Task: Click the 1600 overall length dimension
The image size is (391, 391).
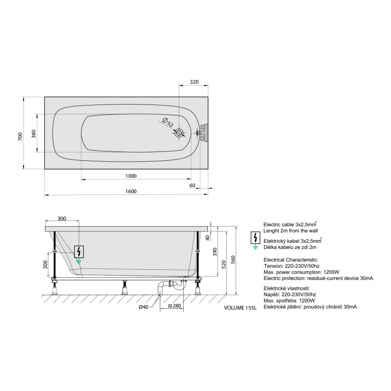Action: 131,191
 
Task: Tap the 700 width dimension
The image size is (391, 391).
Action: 20,136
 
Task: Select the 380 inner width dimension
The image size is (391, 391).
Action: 34,133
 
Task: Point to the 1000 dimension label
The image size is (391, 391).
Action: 131,176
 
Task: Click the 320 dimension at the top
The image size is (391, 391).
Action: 194,82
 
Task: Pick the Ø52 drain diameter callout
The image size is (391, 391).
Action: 168,122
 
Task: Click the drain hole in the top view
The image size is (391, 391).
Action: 179,133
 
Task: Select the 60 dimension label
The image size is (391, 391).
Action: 192,185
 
